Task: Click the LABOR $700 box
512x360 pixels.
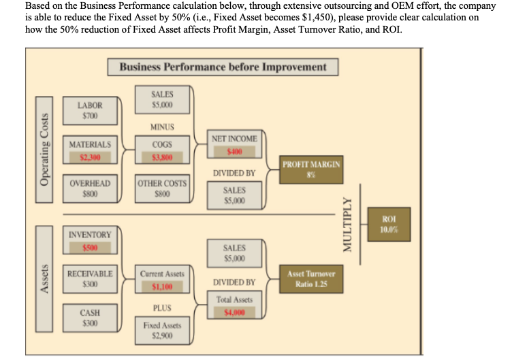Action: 90,111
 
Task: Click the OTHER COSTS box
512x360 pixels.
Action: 162,189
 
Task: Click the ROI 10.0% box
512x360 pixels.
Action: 390,223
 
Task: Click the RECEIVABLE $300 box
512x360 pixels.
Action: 90,279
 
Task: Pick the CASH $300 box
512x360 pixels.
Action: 90,318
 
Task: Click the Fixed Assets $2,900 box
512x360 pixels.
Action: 162,331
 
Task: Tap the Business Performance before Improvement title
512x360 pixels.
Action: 223,67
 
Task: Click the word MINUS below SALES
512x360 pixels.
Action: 162,127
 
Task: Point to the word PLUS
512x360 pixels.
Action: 162,307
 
